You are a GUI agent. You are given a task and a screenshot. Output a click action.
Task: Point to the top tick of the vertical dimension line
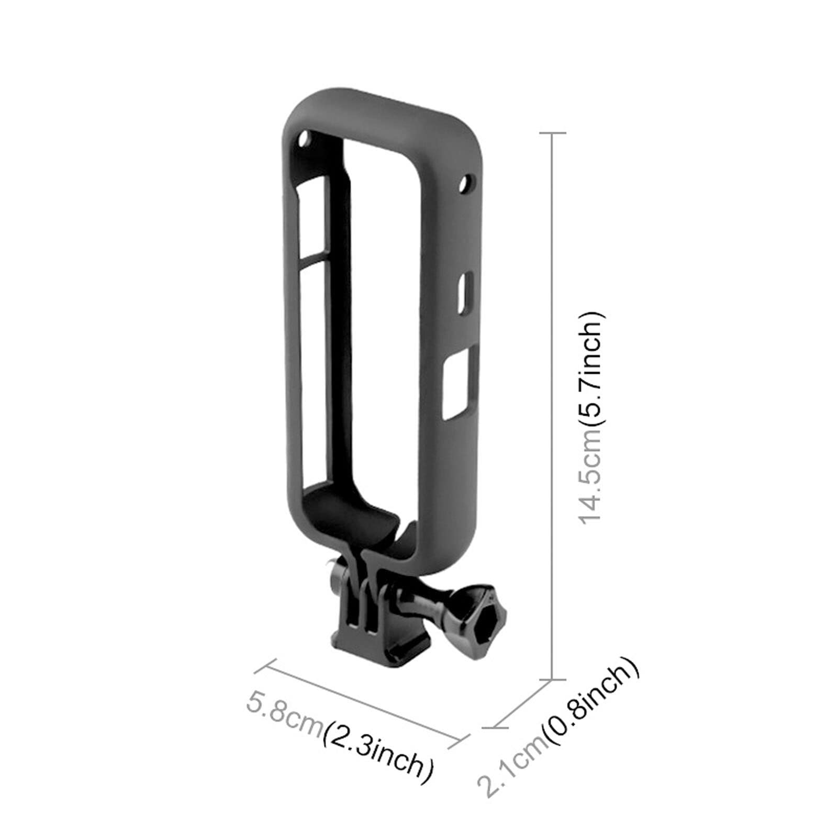552,133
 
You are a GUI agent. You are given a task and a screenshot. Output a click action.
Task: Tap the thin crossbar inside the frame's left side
314,258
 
